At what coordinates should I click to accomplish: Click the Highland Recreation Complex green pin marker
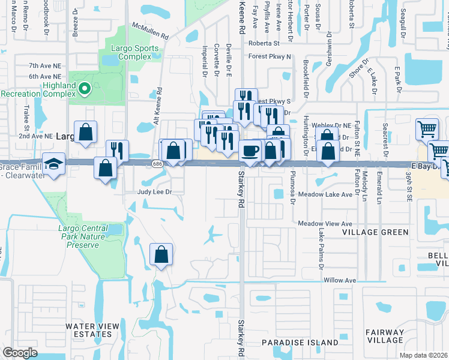[x=85, y=90]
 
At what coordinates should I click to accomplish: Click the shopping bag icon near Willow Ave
[x=161, y=255]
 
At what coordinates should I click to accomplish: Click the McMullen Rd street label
[x=151, y=32]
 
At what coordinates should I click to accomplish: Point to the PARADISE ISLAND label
[x=300, y=343]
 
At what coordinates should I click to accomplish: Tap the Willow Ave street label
[x=340, y=280]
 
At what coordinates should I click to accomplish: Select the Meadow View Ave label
[x=325, y=223]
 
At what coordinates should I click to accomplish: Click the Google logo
[x=20, y=352]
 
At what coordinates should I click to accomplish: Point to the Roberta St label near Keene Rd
[x=264, y=43]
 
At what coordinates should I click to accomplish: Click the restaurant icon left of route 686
[x=117, y=151]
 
